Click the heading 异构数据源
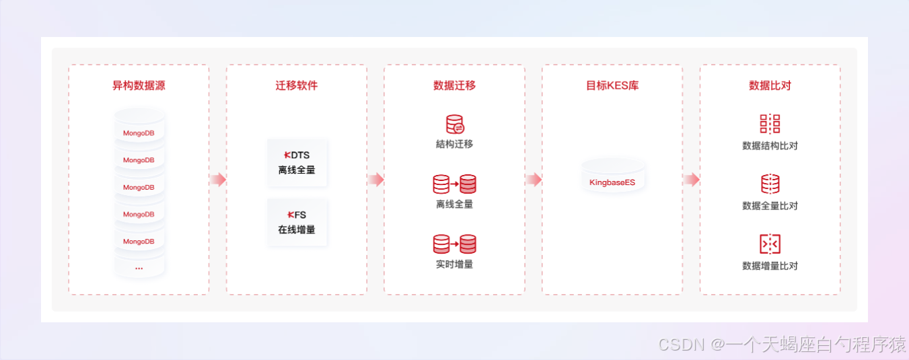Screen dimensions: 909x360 pyautogui.click(x=139, y=86)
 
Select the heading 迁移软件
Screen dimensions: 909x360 pyautogui.click(x=297, y=86)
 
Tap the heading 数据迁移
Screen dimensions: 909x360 pyautogui.click(x=454, y=86)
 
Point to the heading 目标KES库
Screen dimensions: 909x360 pyautogui.click(x=612, y=86)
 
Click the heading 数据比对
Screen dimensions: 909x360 pyautogui.click(x=770, y=86)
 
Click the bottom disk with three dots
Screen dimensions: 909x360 pyautogui.click(x=139, y=266)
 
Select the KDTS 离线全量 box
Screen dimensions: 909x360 pyautogui.click(x=297, y=162)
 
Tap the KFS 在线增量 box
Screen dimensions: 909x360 pyautogui.click(x=297, y=222)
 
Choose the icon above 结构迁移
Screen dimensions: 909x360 pyautogui.click(x=455, y=124)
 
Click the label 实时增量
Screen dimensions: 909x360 pyautogui.click(x=454, y=264)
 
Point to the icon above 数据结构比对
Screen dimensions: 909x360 pyautogui.click(x=770, y=124)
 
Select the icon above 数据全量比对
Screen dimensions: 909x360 pyautogui.click(x=770, y=184)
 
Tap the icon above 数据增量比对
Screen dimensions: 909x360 pyautogui.click(x=770, y=244)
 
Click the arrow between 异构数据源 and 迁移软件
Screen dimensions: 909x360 pyautogui.click(x=217, y=180)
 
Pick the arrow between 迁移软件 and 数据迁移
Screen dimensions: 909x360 pyautogui.click(x=375, y=180)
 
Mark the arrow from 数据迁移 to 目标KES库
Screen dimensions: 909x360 pyautogui.click(x=534, y=180)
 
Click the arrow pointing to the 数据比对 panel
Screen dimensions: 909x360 pyautogui.click(x=691, y=180)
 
